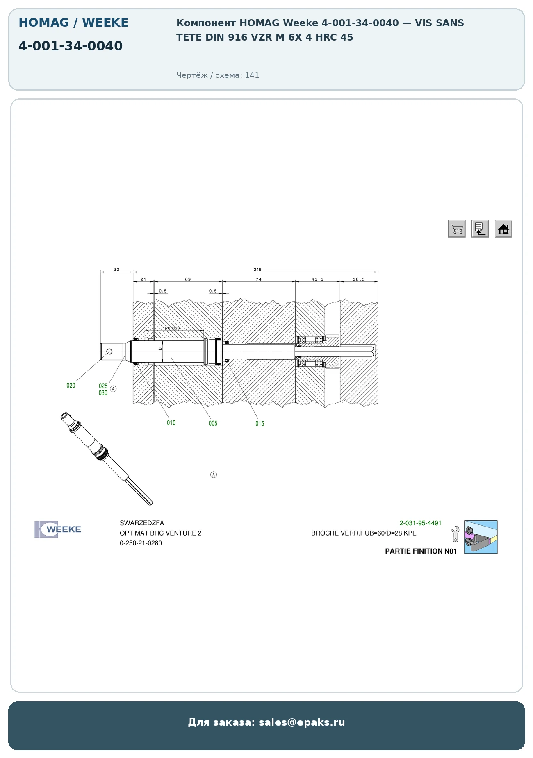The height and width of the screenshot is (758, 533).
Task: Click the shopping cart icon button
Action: pyautogui.click(x=457, y=229)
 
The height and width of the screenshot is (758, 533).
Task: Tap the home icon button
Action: pyautogui.click(x=503, y=229)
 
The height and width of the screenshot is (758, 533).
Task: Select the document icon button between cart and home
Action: pyautogui.click(x=480, y=229)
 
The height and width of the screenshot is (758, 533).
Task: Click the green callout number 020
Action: pyautogui.click(x=71, y=386)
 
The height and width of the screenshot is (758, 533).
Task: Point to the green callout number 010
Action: pyautogui.click(x=171, y=423)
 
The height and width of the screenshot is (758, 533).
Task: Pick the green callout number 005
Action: pyautogui.click(x=213, y=423)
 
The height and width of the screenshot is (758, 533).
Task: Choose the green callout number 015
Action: pyautogui.click(x=260, y=424)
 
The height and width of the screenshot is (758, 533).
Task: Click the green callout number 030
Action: pyautogui.click(x=103, y=393)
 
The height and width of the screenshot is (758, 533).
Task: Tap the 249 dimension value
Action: pyautogui.click(x=257, y=270)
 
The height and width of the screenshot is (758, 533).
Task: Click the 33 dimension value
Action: pyautogui.click(x=116, y=270)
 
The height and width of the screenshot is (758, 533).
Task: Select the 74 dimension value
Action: pyautogui.click(x=259, y=279)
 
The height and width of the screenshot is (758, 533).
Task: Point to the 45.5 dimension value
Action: pyautogui.click(x=317, y=279)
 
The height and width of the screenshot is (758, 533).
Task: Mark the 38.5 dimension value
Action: pyautogui.click(x=359, y=279)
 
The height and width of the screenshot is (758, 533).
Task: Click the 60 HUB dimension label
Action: pyautogui.click(x=172, y=328)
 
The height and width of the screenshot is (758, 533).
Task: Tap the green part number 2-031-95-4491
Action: pyautogui.click(x=421, y=523)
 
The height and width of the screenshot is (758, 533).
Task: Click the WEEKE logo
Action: pyautogui.click(x=58, y=529)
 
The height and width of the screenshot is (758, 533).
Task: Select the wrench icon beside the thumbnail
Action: pyautogui.click(x=455, y=534)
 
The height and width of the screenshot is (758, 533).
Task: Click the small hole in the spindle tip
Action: pyautogui.click(x=109, y=352)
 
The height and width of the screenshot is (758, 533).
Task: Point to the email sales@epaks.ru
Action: pyautogui.click(x=302, y=722)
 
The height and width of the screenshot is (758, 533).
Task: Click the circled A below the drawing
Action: pyautogui.click(x=214, y=474)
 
